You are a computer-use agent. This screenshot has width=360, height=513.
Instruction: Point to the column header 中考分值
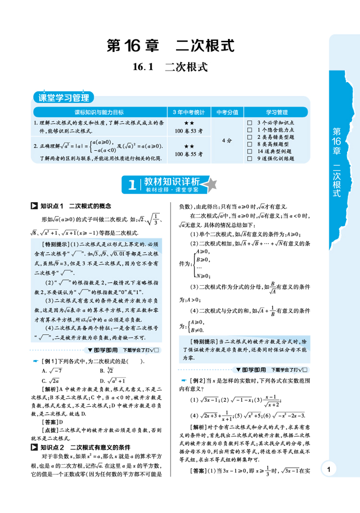227,112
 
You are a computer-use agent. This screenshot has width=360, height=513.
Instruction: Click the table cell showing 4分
227,141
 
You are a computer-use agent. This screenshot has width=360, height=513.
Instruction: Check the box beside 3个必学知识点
249,123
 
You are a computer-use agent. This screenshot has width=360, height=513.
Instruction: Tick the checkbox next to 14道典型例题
249,151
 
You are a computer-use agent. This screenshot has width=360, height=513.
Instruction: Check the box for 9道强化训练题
249,158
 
